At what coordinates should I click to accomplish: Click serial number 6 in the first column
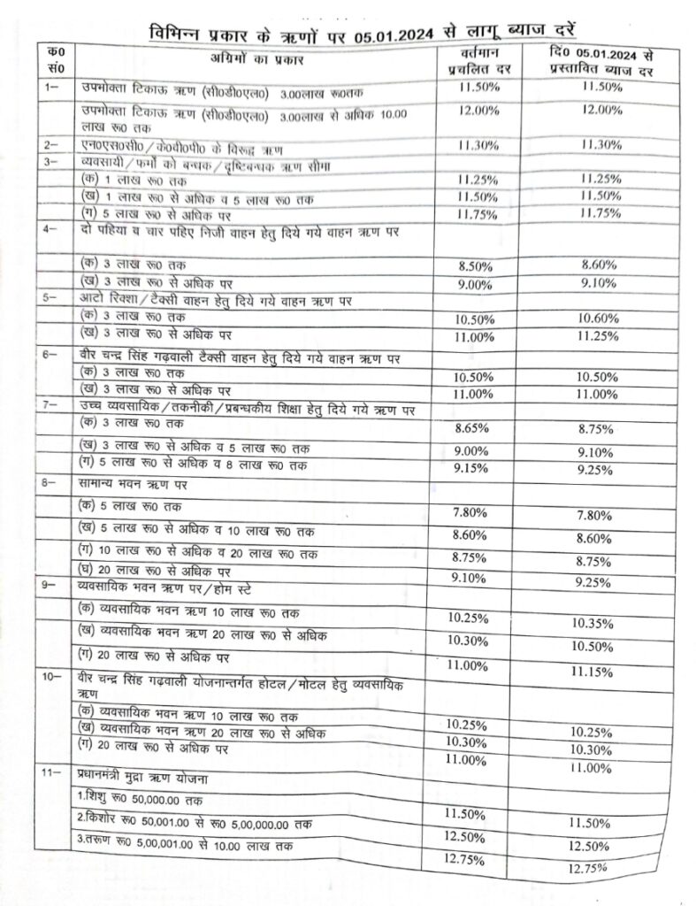coord(50,355)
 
